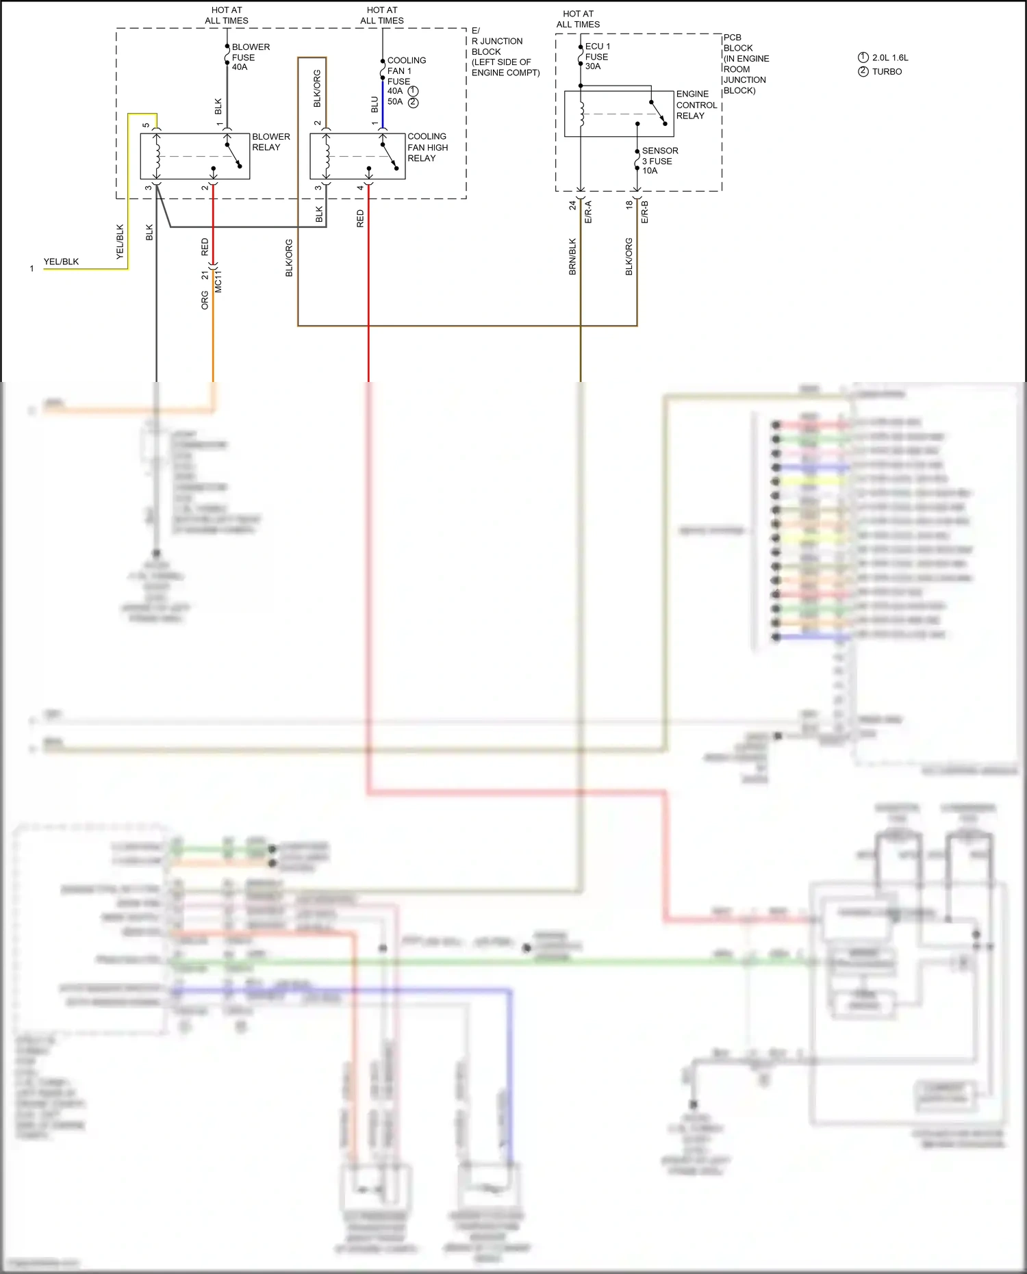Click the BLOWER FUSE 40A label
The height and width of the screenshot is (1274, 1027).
(x=250, y=57)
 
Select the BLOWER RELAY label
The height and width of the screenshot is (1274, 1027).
(x=270, y=142)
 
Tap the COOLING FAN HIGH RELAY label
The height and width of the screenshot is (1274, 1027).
(x=427, y=147)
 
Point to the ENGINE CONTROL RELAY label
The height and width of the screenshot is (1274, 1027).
(x=696, y=105)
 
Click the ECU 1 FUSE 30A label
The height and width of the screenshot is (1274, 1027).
(x=597, y=56)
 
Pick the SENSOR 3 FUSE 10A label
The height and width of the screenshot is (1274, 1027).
(x=659, y=160)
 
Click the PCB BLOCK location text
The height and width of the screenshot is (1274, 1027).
(x=745, y=64)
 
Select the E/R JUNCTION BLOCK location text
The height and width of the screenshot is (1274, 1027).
(x=505, y=52)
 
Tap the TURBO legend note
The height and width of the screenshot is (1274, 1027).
(x=887, y=71)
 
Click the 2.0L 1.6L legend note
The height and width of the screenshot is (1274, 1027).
(x=890, y=58)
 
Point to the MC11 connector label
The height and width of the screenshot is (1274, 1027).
(x=218, y=281)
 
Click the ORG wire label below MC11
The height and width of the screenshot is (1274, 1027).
(x=205, y=300)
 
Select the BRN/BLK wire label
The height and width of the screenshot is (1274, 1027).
(x=572, y=257)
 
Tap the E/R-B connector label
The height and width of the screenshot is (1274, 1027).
(x=644, y=212)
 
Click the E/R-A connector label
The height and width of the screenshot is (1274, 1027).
(x=588, y=212)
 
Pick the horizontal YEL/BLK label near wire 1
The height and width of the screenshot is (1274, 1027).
(x=61, y=262)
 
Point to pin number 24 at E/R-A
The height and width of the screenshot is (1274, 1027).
(x=572, y=205)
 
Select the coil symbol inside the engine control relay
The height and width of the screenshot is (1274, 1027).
(x=581, y=114)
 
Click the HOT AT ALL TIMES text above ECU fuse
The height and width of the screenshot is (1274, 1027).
(x=578, y=19)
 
